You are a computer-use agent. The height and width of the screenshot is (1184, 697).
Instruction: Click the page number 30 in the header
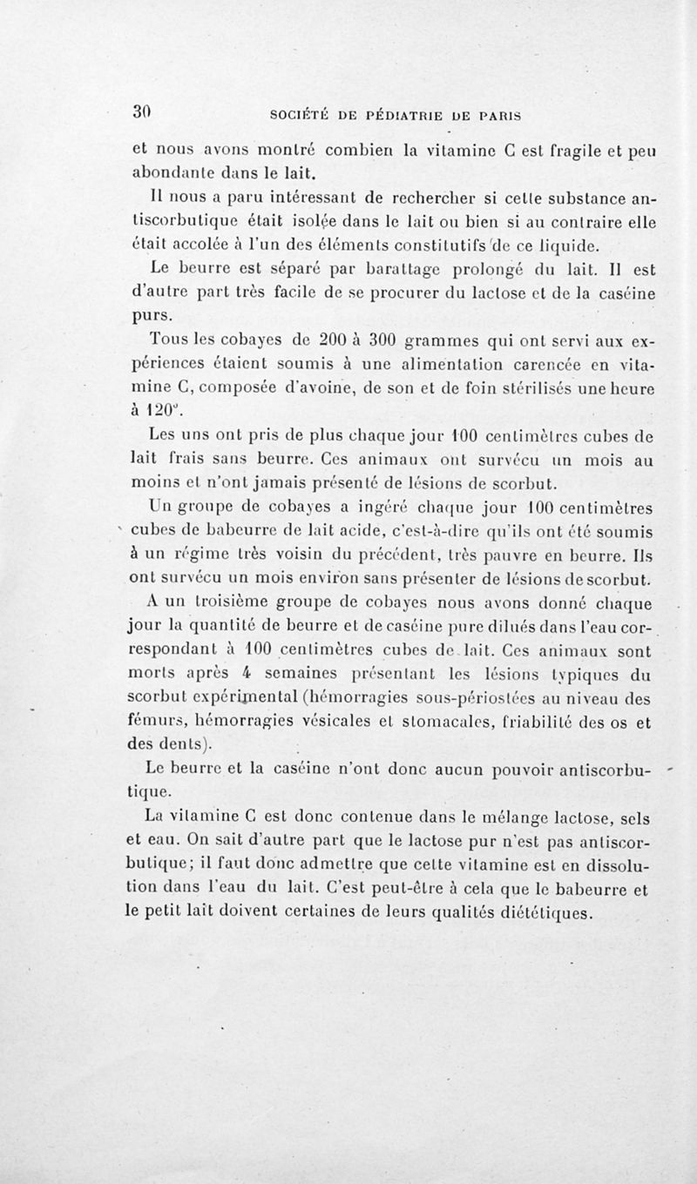click(142, 111)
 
